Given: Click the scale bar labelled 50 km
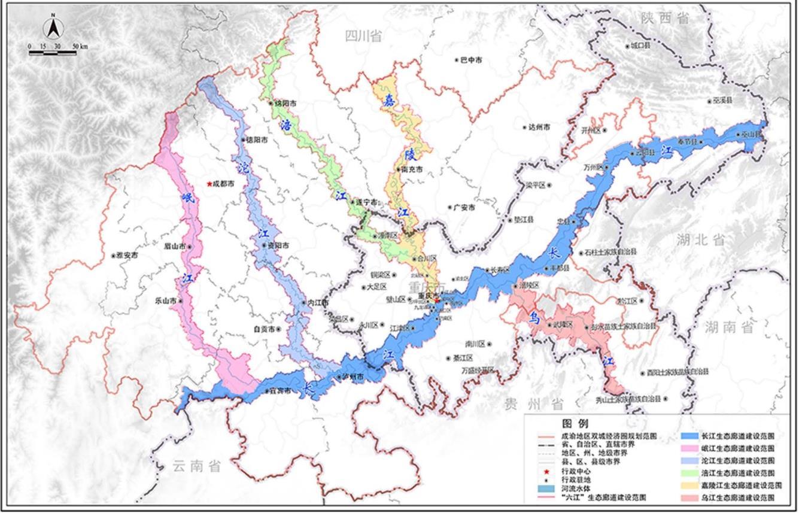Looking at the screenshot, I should (x=53, y=53).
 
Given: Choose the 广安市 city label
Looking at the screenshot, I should (x=463, y=208).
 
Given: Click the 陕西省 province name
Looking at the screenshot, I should (x=665, y=19).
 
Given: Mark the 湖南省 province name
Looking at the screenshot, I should (x=730, y=327).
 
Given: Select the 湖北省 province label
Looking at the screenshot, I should (x=701, y=240).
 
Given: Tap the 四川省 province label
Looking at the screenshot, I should (x=363, y=36).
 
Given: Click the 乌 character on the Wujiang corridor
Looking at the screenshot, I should (x=534, y=319).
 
